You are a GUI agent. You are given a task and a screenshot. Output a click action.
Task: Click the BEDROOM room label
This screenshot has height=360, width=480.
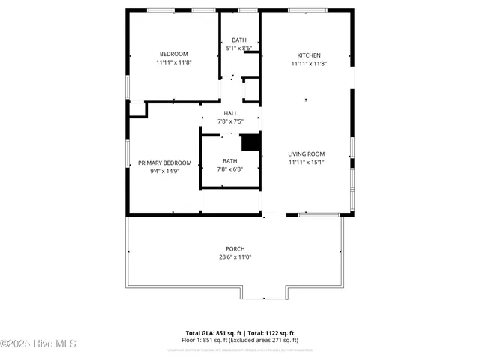[x=173, y=54]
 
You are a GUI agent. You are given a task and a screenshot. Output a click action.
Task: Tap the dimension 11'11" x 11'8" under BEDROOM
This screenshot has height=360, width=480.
[x=173, y=63]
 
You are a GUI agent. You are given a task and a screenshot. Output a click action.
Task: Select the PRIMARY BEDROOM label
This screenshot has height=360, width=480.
[x=164, y=163]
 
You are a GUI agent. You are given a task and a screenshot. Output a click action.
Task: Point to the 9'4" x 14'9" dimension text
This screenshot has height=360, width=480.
[x=164, y=172]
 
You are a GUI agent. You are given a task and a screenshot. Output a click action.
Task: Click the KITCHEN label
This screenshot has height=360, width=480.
[x=309, y=55]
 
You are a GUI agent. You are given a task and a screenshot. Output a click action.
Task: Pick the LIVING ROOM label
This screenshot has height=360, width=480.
[x=306, y=154]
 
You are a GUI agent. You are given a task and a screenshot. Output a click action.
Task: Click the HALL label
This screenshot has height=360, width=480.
[x=230, y=113]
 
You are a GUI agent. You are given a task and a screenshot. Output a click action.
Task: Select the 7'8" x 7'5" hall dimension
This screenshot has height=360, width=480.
[x=230, y=121]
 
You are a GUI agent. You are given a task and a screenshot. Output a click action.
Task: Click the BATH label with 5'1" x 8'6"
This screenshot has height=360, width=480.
[x=238, y=40]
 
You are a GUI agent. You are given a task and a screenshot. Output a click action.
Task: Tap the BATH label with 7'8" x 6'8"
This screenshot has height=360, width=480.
[x=229, y=160]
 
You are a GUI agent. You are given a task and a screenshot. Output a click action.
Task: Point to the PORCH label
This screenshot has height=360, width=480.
[x=235, y=248]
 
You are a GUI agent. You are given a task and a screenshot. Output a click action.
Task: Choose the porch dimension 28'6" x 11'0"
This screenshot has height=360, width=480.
[x=235, y=257]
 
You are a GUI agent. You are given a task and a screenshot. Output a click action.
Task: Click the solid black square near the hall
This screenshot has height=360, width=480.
[x=249, y=142]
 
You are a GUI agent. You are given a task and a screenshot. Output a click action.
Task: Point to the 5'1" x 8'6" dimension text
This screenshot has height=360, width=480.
[x=238, y=48]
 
